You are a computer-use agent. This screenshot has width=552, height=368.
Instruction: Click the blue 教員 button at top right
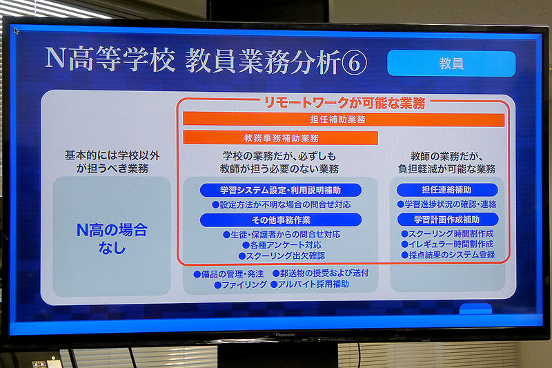tap(451, 64)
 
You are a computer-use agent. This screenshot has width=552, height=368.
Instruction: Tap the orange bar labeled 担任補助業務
tap(343, 119)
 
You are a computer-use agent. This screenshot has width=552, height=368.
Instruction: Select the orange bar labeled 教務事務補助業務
tap(281, 138)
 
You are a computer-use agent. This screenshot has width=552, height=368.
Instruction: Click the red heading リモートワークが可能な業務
tap(343, 103)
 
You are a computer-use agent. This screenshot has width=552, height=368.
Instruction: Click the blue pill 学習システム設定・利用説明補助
tap(281, 190)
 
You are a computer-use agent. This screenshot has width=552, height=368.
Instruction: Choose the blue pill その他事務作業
tap(281, 220)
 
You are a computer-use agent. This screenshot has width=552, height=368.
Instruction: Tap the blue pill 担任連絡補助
tap(447, 190)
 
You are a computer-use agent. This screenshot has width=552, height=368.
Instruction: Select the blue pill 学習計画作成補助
tap(447, 219)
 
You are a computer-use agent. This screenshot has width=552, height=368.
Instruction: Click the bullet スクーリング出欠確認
tap(281, 255)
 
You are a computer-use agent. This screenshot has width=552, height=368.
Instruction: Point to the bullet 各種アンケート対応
tap(281, 244)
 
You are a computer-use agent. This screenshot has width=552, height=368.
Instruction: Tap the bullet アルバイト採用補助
tap(310, 284)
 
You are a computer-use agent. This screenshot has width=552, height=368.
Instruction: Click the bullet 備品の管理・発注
tap(228, 273)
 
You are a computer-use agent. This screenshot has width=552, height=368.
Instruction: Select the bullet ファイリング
tap(240, 284)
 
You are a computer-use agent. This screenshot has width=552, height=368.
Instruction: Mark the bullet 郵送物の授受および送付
tap(320, 273)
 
